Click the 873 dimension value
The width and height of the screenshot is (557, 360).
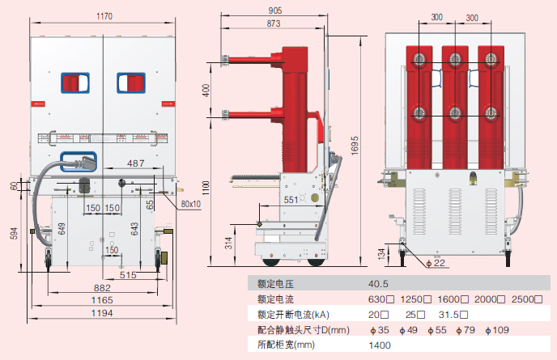pos(273,25)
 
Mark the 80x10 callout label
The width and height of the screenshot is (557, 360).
pos(191,204)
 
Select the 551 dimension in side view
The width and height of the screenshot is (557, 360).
pos(289,198)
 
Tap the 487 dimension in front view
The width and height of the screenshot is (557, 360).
pos(136,163)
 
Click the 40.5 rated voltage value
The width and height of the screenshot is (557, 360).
pos(379,284)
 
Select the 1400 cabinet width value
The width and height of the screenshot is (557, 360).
pos(380,345)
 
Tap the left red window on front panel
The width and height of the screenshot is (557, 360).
pos(73,83)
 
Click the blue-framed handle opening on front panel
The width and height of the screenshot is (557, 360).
pos(79,162)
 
